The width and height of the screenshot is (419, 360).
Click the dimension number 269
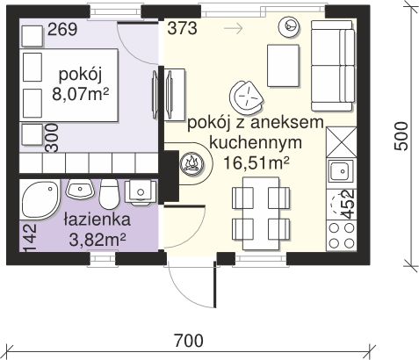62,31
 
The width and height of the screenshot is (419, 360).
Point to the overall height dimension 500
401,135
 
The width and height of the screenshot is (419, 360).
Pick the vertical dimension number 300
52,138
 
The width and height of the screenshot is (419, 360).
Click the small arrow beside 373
234,28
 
